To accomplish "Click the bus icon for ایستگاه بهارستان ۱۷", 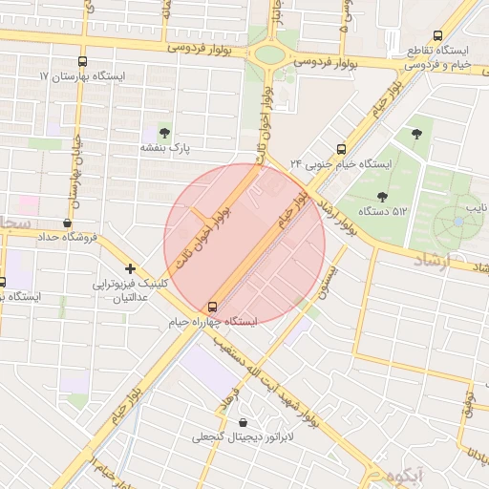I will (x=82, y=60).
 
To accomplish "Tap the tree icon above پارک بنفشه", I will (x=165, y=133).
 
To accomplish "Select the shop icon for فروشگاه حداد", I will (x=67, y=223).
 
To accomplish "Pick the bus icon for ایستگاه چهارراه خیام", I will (x=212, y=307).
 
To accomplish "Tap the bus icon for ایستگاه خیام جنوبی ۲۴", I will (x=341, y=149).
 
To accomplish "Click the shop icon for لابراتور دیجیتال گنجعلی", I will (x=241, y=422).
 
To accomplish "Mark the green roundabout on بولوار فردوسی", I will (x=270, y=54).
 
